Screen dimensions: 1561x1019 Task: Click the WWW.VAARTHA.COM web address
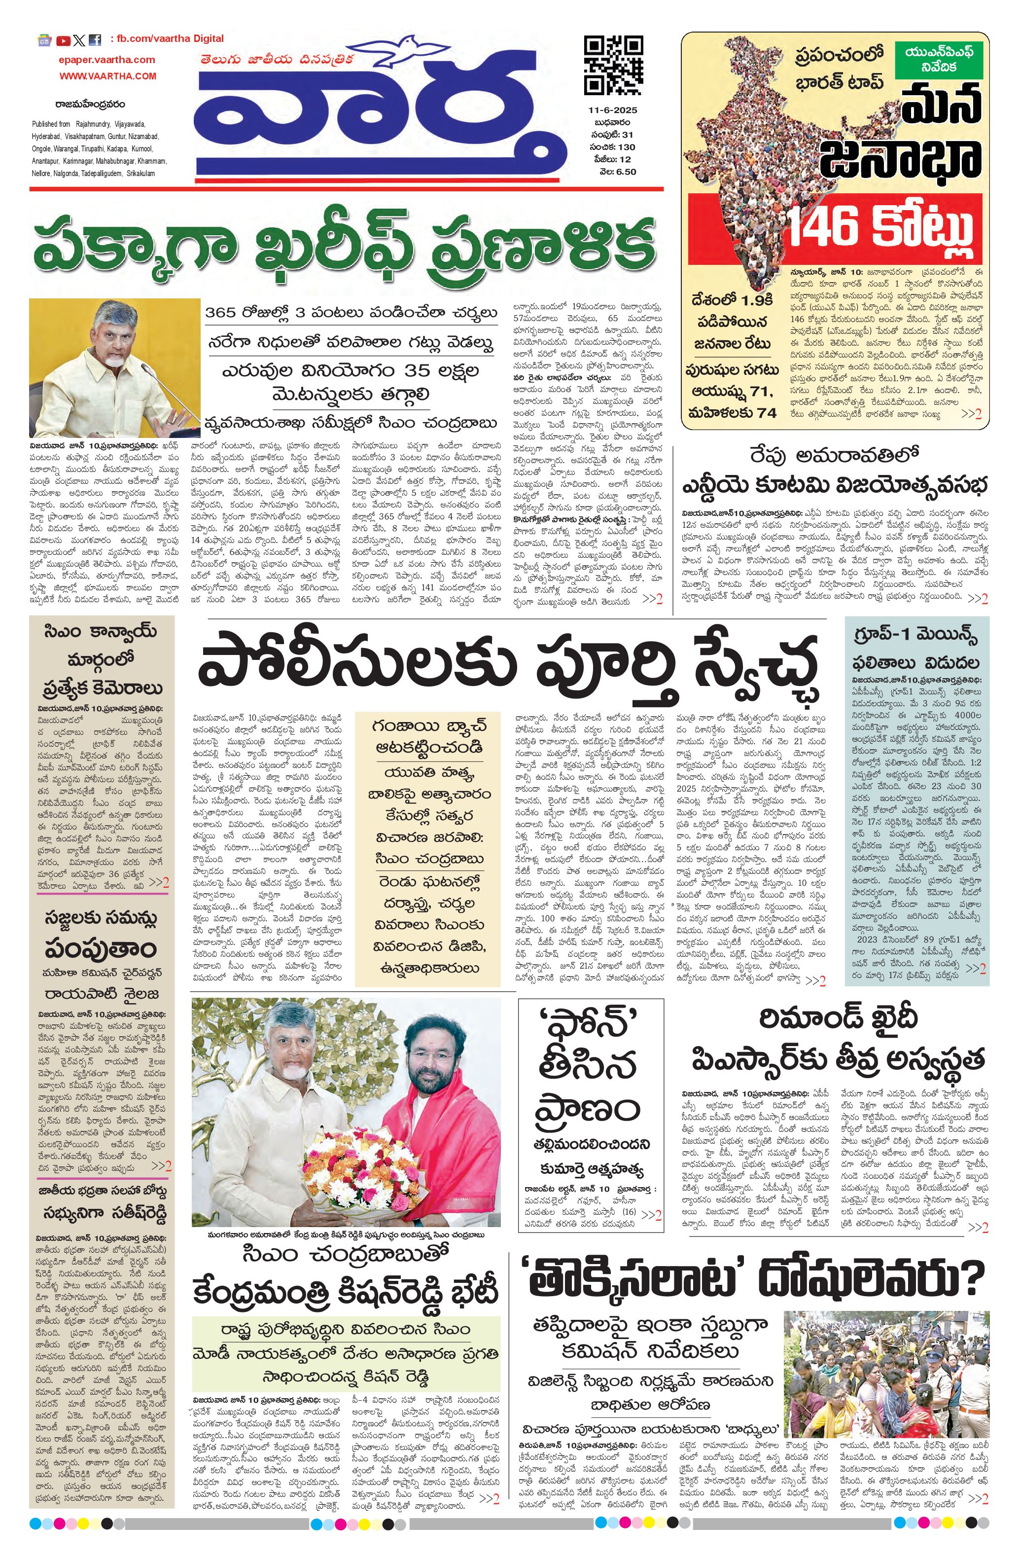[x=108, y=75]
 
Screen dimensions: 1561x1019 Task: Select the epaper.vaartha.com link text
[x=106, y=60]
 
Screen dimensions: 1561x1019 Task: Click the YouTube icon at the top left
[x=64, y=40]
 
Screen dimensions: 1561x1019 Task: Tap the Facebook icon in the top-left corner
[x=95, y=40]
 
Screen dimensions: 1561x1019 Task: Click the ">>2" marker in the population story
[x=971, y=414]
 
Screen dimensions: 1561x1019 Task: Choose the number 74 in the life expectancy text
[x=767, y=412]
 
